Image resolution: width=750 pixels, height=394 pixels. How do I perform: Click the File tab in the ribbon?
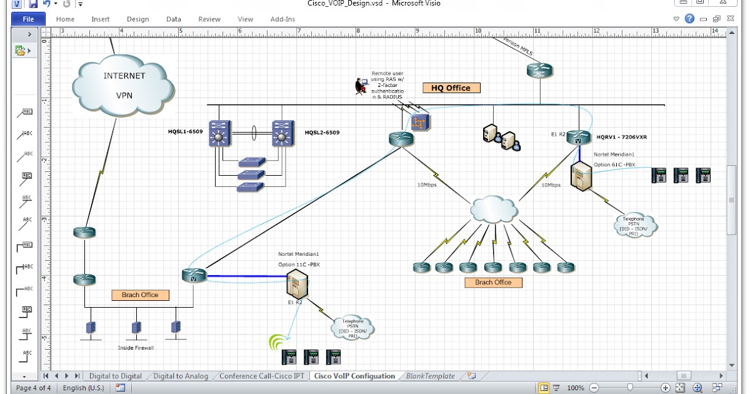(28, 19)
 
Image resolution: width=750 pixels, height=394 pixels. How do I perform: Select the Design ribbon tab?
(137, 19)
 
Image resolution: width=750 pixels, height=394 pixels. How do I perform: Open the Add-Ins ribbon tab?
(282, 19)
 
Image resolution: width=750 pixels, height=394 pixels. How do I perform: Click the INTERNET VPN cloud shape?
(123, 86)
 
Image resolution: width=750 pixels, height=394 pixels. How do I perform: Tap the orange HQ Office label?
(451, 88)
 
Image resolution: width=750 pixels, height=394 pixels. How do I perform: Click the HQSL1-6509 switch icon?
(219, 134)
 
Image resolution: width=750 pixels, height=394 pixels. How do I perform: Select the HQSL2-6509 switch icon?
(283, 134)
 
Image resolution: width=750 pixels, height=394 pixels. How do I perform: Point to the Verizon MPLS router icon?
(539, 70)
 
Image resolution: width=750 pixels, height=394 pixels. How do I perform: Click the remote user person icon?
(361, 86)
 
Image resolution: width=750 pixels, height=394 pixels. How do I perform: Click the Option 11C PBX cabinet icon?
(297, 285)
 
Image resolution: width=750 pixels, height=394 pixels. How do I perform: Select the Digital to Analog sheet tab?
(181, 376)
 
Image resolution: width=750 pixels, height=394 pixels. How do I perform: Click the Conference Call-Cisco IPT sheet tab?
(262, 376)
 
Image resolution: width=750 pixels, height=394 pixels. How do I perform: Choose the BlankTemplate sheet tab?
(431, 376)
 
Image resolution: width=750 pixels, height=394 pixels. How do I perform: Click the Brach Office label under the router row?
(493, 282)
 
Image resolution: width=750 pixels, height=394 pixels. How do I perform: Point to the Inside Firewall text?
(136, 348)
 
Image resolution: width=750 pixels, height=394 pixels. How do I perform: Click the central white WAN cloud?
(494, 210)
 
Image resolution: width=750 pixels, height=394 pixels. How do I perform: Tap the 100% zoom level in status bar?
(575, 388)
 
